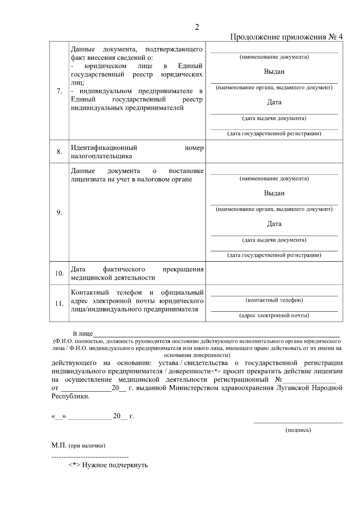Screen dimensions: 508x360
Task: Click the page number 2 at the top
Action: click(x=197, y=27)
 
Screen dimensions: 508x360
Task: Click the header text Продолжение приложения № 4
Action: click(x=286, y=37)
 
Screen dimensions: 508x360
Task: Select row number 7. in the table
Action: click(x=59, y=91)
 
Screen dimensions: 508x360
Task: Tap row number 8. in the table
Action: click(x=59, y=152)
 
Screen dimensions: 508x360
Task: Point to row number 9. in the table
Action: click(x=59, y=213)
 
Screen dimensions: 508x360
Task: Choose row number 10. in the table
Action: click(x=59, y=273)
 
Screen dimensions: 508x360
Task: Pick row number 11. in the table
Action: click(x=59, y=303)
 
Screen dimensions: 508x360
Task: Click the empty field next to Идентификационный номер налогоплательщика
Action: click(x=274, y=152)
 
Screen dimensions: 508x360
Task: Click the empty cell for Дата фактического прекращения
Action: click(x=274, y=273)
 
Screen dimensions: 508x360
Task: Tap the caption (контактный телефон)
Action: click(x=274, y=300)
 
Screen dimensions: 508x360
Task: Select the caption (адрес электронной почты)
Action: click(x=274, y=315)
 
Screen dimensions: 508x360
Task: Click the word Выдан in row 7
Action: click(x=274, y=72)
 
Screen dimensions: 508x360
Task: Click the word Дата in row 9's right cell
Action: click(x=274, y=224)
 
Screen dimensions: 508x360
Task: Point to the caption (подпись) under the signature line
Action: click(x=298, y=430)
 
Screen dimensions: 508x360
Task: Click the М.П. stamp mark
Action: click(x=59, y=445)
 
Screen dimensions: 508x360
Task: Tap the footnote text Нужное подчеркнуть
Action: click(x=115, y=465)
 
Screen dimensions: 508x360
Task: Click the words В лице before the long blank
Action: click(x=83, y=334)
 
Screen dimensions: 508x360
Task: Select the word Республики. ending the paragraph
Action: click(x=70, y=396)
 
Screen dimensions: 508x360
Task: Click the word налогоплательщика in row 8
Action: click(x=101, y=156)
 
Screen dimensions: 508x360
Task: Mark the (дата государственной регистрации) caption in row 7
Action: click(x=274, y=134)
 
